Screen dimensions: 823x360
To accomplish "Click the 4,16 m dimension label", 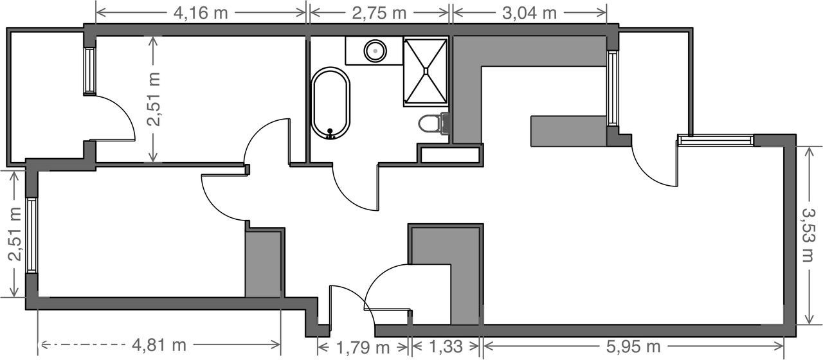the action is coord(201,14).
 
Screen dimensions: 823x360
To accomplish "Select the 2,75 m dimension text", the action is coord(379,14).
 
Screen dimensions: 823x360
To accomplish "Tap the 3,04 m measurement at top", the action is coord(529,14).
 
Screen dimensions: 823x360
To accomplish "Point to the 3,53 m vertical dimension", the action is coord(808,235).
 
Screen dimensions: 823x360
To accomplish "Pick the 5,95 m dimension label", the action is coord(633,346).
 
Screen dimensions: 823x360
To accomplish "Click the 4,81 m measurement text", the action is coord(159,345).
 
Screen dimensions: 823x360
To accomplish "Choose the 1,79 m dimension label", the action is coord(363,347).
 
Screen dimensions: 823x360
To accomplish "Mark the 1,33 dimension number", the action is coord(446,346).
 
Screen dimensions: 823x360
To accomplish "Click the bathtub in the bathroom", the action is coord(330,103).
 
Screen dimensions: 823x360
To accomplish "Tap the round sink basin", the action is coord(375,50).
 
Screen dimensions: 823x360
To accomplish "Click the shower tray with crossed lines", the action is coord(426,71).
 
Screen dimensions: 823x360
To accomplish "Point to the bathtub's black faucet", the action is coord(330,133).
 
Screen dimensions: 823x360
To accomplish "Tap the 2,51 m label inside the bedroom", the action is coord(154,99).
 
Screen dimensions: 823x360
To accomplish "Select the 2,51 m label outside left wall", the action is coord(15,234).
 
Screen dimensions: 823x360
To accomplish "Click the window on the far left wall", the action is coord(32,235).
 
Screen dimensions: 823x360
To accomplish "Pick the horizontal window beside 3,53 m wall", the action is coord(716,140).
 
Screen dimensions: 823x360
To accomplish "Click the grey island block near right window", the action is coord(568,132).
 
